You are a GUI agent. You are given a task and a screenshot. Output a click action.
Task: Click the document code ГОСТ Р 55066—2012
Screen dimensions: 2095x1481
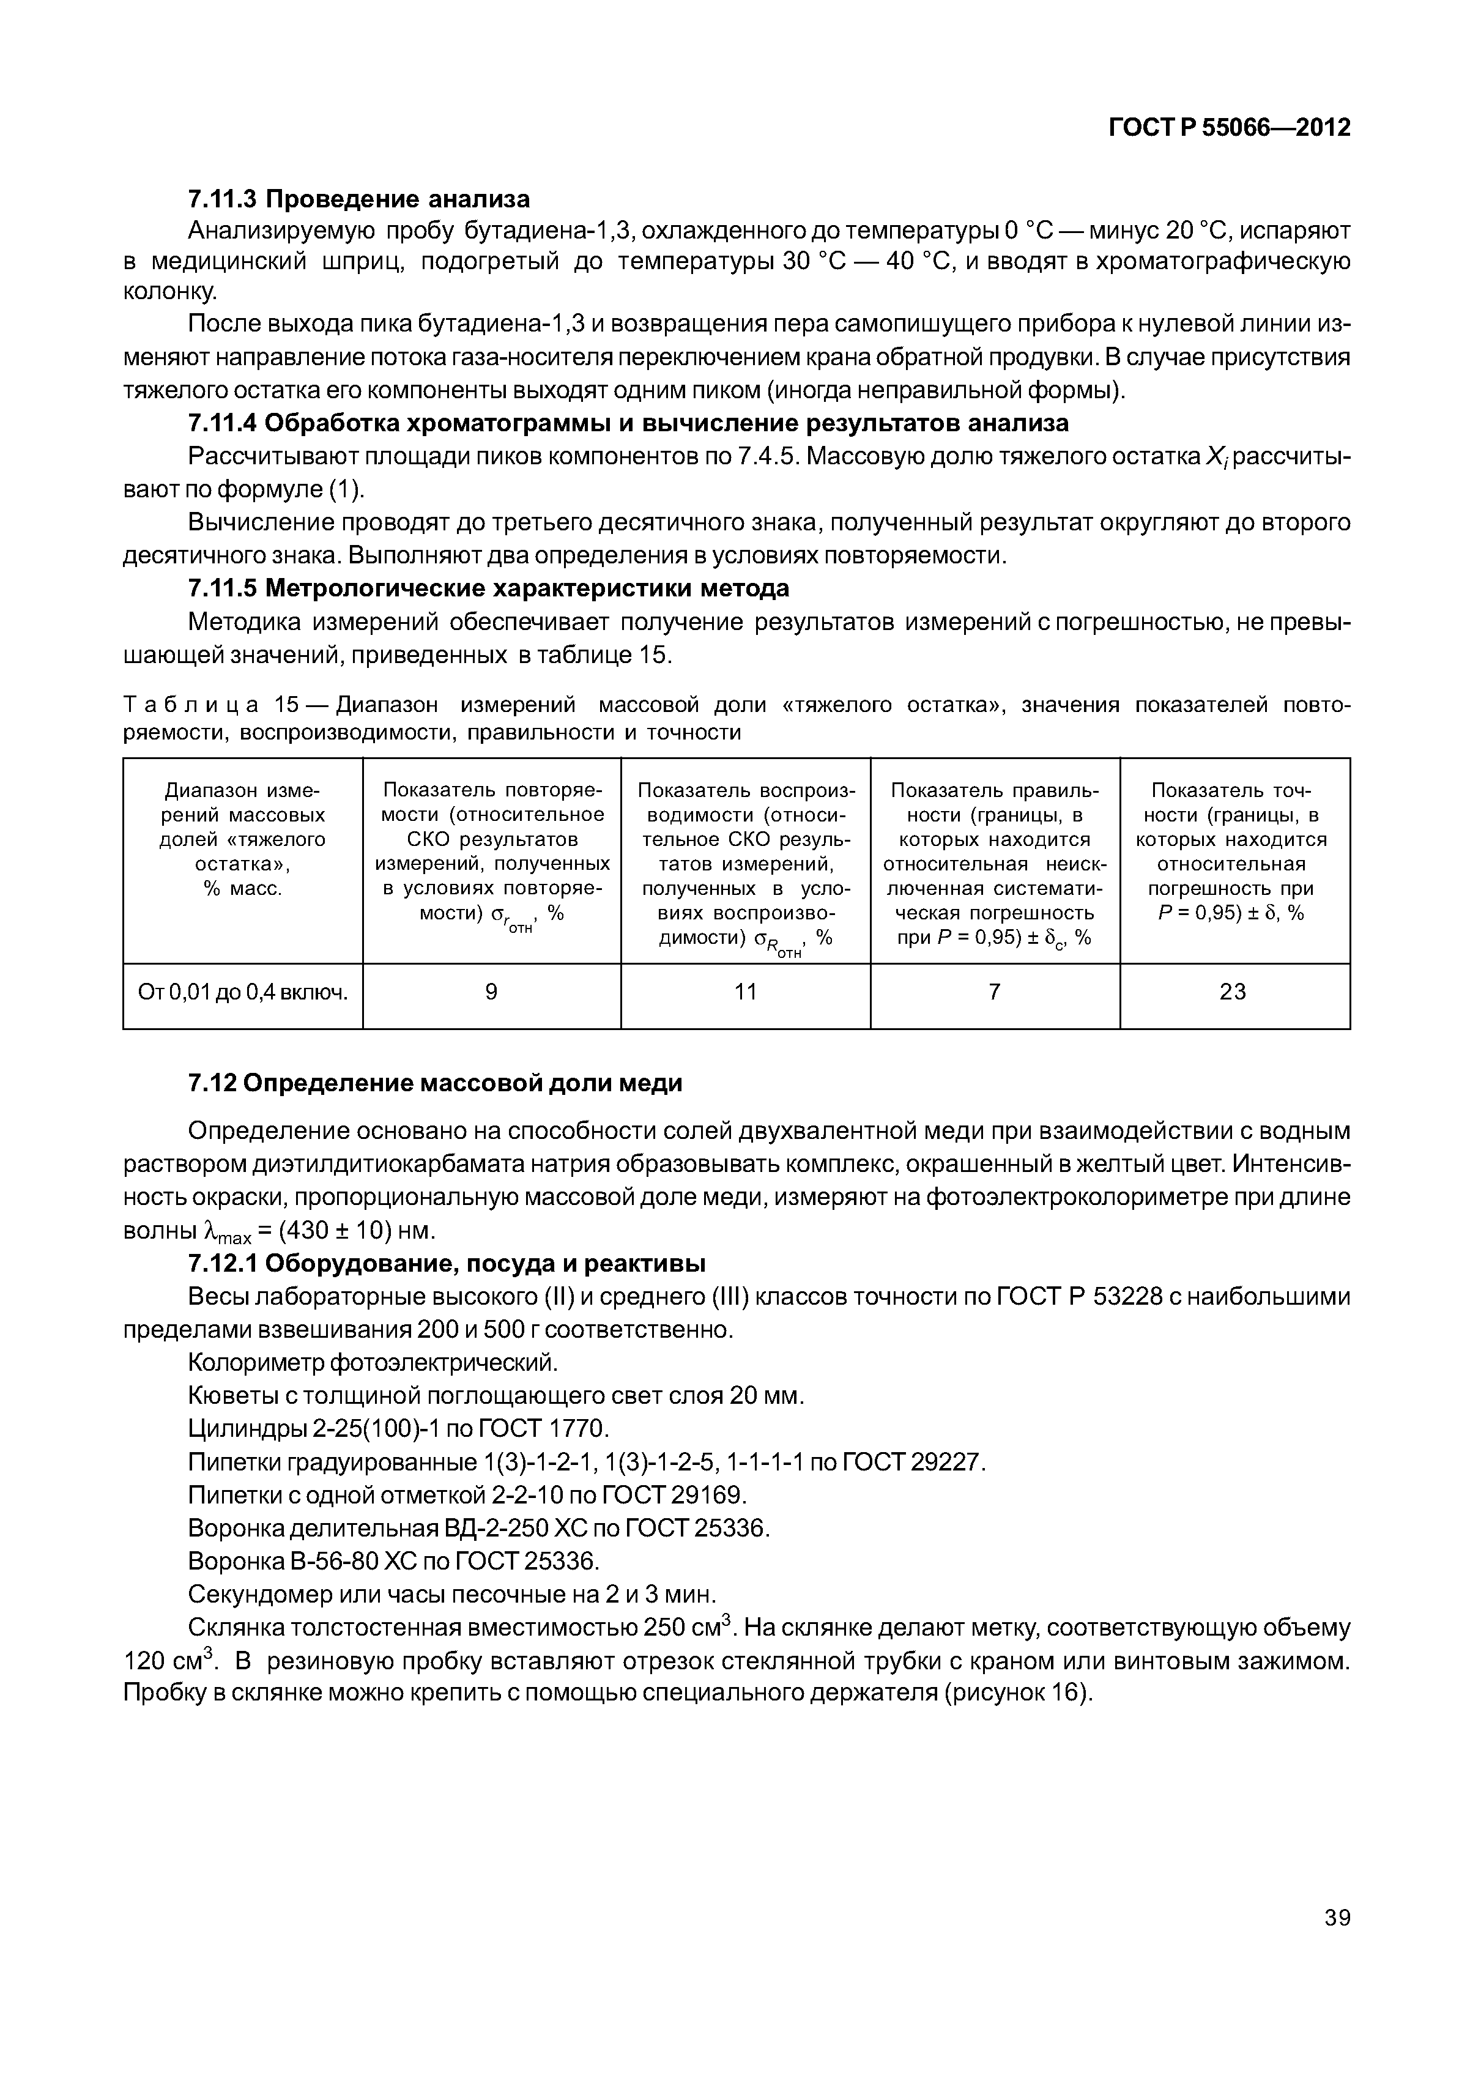(x=1228, y=128)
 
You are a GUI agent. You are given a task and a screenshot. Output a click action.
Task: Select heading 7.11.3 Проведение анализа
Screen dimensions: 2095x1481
(x=358, y=198)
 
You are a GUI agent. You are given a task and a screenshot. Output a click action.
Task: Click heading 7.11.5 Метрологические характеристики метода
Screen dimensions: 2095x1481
(x=488, y=588)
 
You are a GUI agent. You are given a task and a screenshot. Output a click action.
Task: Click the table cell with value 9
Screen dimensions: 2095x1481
(x=491, y=992)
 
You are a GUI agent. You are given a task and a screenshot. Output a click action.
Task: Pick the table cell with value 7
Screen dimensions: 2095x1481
(x=995, y=992)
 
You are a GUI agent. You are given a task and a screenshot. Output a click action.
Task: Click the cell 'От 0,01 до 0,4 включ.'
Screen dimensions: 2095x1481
(x=243, y=993)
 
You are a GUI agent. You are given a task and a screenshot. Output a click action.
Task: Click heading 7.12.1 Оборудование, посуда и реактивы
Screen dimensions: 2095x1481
(x=446, y=1263)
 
